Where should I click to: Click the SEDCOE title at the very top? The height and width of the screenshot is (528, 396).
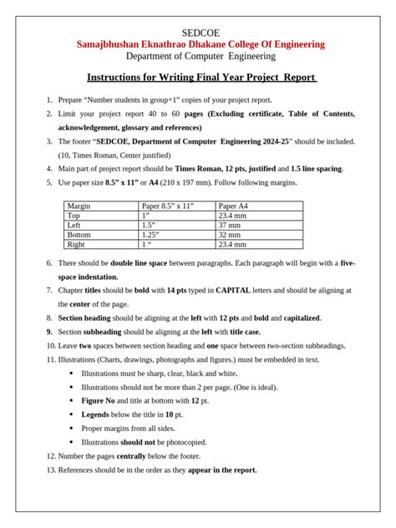(198, 33)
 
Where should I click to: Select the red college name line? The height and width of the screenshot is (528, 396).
(198, 44)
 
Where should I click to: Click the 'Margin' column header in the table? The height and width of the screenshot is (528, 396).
(80, 206)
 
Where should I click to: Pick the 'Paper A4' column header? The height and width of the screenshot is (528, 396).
(237, 206)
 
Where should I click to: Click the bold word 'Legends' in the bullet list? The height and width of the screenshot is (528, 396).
(97, 414)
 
